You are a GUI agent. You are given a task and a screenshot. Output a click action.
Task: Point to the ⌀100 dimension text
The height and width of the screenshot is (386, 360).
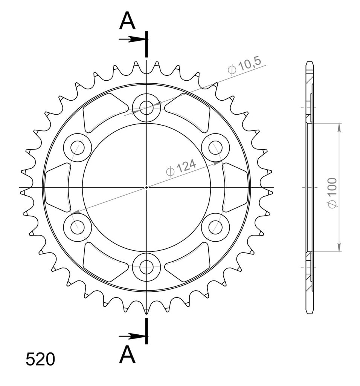click(333, 192)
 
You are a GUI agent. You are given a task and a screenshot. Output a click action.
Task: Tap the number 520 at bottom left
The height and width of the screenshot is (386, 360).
click(40, 359)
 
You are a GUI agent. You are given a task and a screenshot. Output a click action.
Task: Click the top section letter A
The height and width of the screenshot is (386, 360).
click(127, 21)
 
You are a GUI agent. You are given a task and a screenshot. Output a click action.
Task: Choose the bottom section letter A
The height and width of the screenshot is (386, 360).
click(127, 354)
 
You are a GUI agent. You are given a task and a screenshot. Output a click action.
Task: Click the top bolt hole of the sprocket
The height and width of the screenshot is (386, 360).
click(146, 107)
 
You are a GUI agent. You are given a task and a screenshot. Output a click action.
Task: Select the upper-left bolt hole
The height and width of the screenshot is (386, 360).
click(78, 147)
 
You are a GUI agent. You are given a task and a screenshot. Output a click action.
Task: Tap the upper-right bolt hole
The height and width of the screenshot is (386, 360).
click(215, 147)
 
